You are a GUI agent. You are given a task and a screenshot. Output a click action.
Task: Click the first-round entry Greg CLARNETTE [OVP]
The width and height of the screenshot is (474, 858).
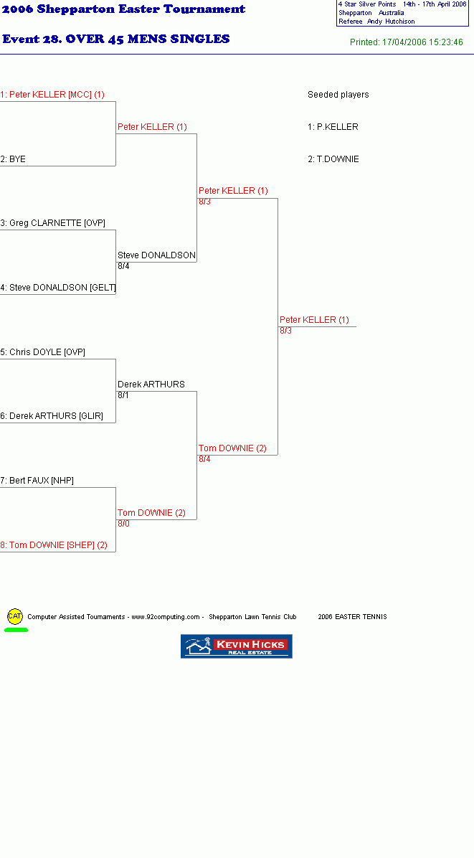pyautogui.click(x=53, y=223)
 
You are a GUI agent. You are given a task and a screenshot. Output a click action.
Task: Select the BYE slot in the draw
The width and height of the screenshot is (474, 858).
pyautogui.click(x=13, y=159)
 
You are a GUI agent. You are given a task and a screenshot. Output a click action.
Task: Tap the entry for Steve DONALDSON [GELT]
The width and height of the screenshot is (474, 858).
pyautogui.click(x=59, y=288)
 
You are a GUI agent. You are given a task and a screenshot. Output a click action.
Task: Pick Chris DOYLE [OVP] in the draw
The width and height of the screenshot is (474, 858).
pyautogui.click(x=42, y=352)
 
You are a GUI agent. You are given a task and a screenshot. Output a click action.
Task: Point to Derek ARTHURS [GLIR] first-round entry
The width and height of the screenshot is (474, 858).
pyautogui.click(x=52, y=416)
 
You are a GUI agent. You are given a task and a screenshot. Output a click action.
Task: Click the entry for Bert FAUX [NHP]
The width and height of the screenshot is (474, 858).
pyautogui.click(x=37, y=481)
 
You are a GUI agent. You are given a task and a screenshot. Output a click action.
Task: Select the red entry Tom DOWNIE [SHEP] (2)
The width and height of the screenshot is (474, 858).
pyautogui.click(x=54, y=545)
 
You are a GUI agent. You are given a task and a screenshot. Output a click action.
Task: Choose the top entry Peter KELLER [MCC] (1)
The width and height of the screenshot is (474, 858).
pyautogui.click(x=52, y=95)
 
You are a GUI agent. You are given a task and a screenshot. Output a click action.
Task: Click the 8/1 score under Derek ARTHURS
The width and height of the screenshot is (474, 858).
pyautogui.click(x=123, y=395)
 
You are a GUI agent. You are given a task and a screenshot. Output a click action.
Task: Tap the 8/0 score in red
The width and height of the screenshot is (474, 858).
pyautogui.click(x=123, y=524)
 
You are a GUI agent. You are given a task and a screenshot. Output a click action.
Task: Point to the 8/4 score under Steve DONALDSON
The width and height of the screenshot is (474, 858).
pyautogui.click(x=123, y=266)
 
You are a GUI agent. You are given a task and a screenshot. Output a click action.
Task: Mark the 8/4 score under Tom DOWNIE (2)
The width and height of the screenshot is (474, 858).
pyautogui.click(x=204, y=459)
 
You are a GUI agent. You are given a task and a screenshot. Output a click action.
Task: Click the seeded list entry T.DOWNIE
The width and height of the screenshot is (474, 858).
pyautogui.click(x=333, y=159)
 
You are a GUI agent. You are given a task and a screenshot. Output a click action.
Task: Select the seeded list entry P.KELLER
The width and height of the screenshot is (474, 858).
pyautogui.click(x=333, y=127)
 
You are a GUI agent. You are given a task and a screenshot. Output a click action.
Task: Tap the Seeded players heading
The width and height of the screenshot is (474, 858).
pyautogui.click(x=338, y=95)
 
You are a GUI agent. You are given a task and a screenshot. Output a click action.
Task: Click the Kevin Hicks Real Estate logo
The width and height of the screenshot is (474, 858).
pyautogui.click(x=237, y=646)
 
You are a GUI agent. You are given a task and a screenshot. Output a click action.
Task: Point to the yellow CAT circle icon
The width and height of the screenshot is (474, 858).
pyautogui.click(x=15, y=616)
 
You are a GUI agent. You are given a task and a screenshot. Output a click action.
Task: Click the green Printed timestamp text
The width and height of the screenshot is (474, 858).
pyautogui.click(x=406, y=42)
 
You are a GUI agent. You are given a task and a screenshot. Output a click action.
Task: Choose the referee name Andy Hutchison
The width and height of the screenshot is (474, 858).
pyautogui.click(x=391, y=22)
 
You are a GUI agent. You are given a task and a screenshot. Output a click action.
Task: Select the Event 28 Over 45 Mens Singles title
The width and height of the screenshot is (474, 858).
pyautogui.click(x=116, y=39)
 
